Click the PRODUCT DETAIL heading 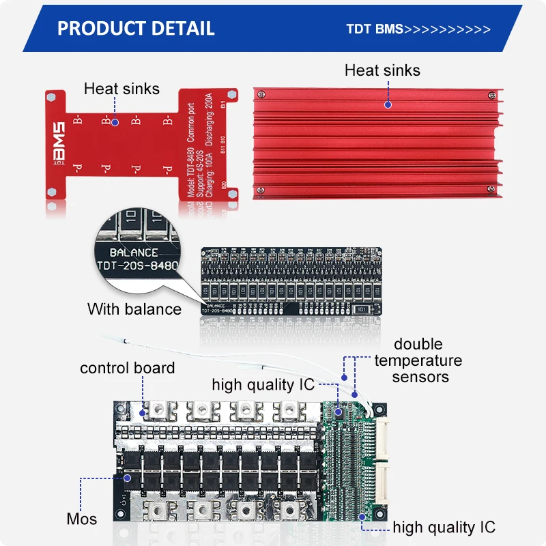tap(136, 29)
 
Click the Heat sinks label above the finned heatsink tap(382, 70)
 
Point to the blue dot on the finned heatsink tap(388, 104)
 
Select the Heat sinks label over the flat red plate tap(121, 89)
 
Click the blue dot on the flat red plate tap(115, 122)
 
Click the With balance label tap(134, 309)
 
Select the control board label tap(127, 368)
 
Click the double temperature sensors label tap(418, 360)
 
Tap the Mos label tap(82, 519)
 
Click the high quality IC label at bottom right tap(444, 527)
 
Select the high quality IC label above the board tap(263, 385)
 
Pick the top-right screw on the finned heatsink tap(491, 95)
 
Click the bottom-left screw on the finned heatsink tap(261, 188)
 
